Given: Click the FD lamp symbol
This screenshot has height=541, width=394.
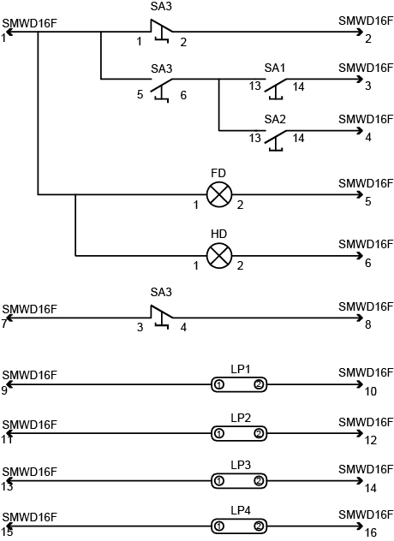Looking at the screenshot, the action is [219, 194].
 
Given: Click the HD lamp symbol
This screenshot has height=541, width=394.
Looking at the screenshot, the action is [219, 256].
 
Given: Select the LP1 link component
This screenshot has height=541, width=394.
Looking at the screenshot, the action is [239, 384].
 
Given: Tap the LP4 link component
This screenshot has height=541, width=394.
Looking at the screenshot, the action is [239, 526].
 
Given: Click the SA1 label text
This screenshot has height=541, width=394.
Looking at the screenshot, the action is [275, 68].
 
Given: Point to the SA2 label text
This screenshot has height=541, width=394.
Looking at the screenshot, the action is [275, 119].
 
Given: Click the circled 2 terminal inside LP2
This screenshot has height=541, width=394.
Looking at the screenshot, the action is [259, 433].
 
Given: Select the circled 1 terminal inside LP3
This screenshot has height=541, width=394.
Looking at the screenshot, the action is [219, 481].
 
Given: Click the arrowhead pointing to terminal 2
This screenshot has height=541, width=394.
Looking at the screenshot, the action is [361, 32].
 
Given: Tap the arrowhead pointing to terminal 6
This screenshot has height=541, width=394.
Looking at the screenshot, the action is [361, 256].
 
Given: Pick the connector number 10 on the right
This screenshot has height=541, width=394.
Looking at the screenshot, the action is [371, 391].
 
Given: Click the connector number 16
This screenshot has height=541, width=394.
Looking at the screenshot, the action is [371, 533].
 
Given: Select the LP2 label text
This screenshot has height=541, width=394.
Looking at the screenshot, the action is [241, 419].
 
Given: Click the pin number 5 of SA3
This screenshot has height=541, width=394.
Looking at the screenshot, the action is [140, 94].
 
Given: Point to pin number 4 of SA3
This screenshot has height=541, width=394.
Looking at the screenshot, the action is [183, 327].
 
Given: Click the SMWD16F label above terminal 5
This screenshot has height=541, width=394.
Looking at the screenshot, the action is [366, 183].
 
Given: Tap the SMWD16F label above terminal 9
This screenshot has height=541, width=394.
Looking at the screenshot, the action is [29, 375].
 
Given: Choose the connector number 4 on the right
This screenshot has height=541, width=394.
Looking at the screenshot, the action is [368, 137].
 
